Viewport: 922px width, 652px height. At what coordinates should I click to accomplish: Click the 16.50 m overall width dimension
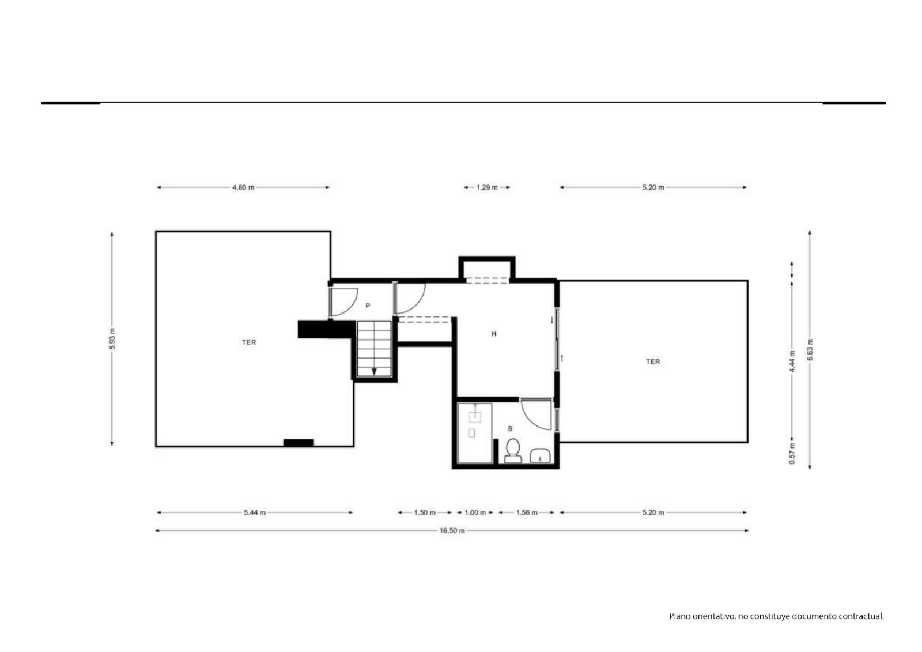point(452,530)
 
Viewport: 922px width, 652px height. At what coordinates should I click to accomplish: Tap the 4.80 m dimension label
point(243,187)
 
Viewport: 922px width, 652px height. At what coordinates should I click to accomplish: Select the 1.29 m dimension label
point(487,187)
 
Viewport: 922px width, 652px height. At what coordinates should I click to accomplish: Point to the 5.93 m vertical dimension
point(112,339)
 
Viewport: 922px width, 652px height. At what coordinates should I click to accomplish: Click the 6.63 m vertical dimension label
point(810,350)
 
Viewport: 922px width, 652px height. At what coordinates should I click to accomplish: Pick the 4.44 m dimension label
point(792,361)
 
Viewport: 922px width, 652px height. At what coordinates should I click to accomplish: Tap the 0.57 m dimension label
point(792,453)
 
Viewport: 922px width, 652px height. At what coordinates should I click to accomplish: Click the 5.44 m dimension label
point(255,513)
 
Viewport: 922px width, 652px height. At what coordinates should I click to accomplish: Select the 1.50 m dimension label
point(425,513)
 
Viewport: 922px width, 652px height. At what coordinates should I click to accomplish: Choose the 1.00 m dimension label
point(475,513)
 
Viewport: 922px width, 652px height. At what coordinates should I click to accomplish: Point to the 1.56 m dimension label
point(527,513)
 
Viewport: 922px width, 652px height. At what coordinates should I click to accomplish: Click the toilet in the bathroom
point(513,451)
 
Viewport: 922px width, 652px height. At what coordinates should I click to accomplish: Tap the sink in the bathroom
point(540,456)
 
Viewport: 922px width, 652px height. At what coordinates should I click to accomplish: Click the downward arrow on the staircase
point(374,372)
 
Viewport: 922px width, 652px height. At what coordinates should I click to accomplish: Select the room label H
point(494,334)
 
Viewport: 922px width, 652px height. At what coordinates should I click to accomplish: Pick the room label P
point(368,306)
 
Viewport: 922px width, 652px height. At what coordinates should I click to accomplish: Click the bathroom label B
point(511,429)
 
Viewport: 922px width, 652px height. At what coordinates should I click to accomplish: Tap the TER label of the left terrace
point(249,342)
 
